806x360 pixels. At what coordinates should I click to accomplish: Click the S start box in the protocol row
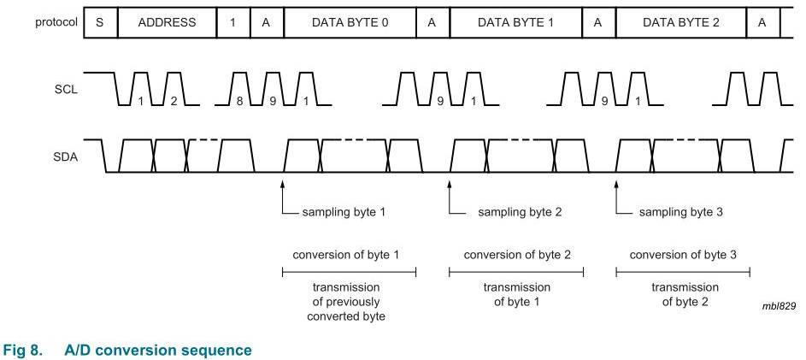[100, 22]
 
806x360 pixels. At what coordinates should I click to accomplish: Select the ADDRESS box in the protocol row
[167, 22]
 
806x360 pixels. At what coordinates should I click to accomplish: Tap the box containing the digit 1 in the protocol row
[233, 22]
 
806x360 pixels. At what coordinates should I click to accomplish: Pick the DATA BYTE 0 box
[350, 22]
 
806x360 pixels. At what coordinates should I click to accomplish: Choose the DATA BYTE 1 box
[516, 22]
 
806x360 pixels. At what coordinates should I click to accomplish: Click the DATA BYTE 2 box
[681, 22]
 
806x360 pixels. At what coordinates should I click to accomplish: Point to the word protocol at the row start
[56, 22]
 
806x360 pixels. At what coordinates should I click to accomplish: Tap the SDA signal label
[67, 157]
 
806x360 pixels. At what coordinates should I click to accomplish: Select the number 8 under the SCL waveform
[239, 101]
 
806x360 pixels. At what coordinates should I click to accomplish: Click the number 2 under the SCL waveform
[174, 101]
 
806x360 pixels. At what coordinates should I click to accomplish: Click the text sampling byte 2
[514, 212]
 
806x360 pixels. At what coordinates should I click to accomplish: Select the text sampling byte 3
[680, 212]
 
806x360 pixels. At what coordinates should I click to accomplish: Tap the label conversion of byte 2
[517, 255]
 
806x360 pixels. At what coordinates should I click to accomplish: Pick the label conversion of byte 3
[683, 255]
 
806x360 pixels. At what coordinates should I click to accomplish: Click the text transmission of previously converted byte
[346, 301]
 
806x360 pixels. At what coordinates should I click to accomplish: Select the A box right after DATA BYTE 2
[762, 22]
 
